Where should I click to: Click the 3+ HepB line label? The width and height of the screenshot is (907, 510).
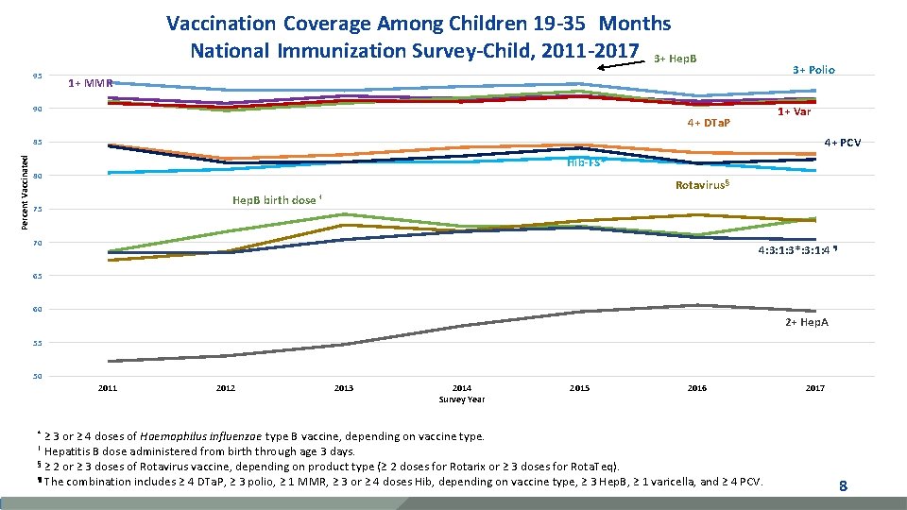pyautogui.click(x=676, y=59)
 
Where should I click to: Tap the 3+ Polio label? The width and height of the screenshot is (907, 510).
pyautogui.click(x=813, y=70)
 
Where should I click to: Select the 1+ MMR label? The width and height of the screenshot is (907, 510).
pyautogui.click(x=91, y=84)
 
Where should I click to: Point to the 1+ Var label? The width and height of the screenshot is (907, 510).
pyautogui.click(x=794, y=111)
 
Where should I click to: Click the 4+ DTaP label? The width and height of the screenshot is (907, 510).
pyautogui.click(x=708, y=123)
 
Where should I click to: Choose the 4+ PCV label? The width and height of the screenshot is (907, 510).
pyautogui.click(x=849, y=143)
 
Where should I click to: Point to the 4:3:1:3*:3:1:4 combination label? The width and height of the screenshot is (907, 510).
pyautogui.click(x=797, y=251)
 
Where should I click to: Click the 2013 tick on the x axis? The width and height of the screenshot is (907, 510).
pyautogui.click(x=344, y=388)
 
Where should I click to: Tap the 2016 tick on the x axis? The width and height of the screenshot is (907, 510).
pyautogui.click(x=697, y=388)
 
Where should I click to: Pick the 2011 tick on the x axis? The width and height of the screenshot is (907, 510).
pyautogui.click(x=108, y=388)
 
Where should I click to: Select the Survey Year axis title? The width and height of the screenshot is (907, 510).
pyautogui.click(x=462, y=399)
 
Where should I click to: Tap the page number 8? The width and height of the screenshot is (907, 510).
pyautogui.click(x=843, y=486)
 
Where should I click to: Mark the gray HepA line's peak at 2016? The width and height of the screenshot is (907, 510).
pyautogui.click(x=697, y=305)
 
